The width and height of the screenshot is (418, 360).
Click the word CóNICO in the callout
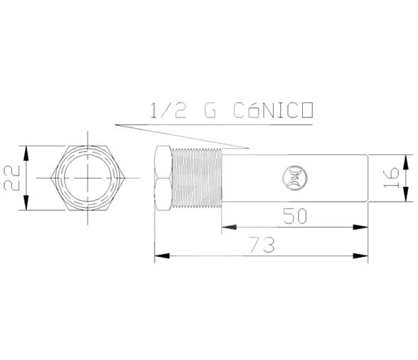pos(274,111)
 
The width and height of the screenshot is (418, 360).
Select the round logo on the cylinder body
pos(292,176)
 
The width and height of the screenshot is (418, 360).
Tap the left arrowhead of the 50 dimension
pos(226,228)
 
